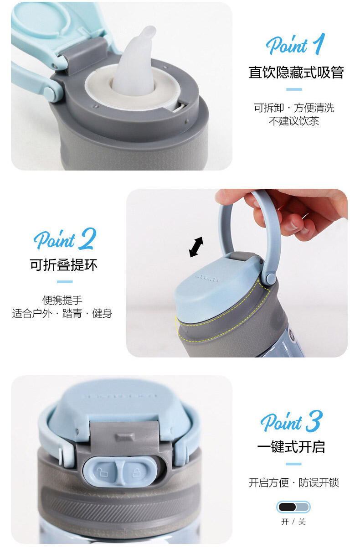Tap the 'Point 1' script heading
[295, 44]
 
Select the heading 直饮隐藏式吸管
[296, 72]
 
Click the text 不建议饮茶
[294, 121]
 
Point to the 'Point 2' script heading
[65, 238]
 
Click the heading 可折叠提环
[63, 265]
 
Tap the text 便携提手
[62, 300]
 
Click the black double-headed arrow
[196, 247]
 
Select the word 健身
[102, 313]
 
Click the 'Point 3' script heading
[292, 421]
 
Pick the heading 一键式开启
[291, 447]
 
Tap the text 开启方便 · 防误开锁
[294, 482]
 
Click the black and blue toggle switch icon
[293, 507]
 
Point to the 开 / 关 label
[293, 522]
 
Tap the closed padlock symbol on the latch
[136, 472]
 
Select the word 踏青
[72, 313]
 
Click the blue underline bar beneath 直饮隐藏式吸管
[294, 89]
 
